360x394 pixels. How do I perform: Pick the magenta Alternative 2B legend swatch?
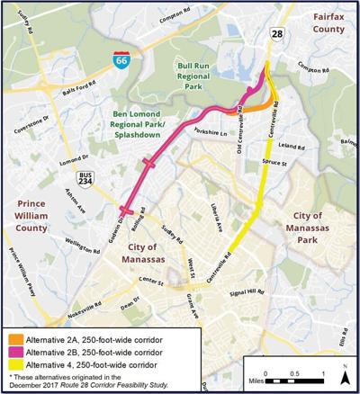(x=12, y=353)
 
